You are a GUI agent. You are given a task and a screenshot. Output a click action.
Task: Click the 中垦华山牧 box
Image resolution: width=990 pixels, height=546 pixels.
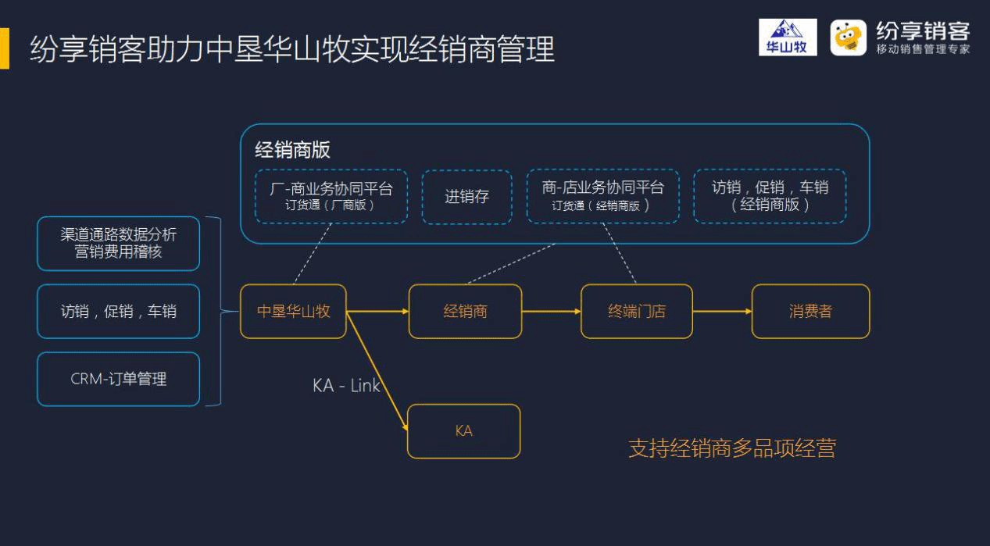tap(293, 312)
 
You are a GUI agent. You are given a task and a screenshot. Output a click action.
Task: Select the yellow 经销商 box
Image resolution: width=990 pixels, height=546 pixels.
tap(465, 312)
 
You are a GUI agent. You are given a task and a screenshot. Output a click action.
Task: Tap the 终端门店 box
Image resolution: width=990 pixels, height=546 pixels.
tap(636, 312)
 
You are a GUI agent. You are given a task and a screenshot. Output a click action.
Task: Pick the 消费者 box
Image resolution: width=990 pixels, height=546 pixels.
tap(810, 312)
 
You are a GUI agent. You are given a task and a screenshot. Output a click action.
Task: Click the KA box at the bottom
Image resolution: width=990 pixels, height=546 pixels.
tap(463, 431)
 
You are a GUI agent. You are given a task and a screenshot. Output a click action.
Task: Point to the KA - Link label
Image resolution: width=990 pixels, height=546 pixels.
tap(346, 386)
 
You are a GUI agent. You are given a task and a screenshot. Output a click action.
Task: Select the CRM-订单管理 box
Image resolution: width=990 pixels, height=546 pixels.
tap(119, 379)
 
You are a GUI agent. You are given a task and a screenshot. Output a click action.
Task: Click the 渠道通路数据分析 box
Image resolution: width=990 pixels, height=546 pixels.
tap(119, 244)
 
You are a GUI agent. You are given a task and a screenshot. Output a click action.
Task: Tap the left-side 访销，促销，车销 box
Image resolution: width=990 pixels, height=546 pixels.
tap(119, 312)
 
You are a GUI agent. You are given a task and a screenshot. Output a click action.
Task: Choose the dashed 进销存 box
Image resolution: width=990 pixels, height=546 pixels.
tap(466, 197)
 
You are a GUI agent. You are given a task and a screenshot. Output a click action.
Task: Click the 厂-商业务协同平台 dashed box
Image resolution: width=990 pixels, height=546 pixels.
tap(331, 196)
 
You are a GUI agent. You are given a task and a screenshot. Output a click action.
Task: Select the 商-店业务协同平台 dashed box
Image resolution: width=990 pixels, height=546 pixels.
tap(603, 196)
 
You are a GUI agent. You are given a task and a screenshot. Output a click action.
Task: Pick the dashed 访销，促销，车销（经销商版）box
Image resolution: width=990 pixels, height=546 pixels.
tap(770, 196)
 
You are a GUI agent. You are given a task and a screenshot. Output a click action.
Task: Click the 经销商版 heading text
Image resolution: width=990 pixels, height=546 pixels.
tap(292, 150)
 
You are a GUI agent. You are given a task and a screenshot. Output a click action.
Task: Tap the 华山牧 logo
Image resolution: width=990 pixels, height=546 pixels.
tap(788, 37)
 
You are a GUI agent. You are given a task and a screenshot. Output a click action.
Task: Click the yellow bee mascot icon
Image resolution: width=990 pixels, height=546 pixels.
tap(848, 37)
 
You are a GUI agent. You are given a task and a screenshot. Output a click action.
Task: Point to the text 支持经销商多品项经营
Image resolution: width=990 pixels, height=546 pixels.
tap(732, 448)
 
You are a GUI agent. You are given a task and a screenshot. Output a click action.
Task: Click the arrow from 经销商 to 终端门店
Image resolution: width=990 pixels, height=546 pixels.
tap(551, 312)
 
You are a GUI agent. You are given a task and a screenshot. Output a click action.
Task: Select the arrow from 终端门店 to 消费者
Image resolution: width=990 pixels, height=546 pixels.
tap(722, 312)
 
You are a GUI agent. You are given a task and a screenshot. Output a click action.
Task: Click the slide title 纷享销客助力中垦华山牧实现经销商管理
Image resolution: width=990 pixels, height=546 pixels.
tap(292, 49)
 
